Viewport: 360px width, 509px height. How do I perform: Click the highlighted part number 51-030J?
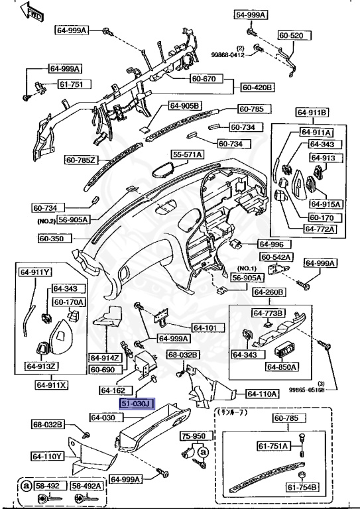point(137,403)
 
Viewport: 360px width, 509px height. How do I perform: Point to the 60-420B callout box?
point(258,87)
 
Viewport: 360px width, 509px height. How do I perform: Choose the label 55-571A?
point(188,154)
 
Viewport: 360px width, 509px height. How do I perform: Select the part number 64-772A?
point(320,229)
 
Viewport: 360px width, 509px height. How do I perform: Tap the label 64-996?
point(270,244)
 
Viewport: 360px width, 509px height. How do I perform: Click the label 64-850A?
point(282,367)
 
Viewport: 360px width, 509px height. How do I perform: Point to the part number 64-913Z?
point(42,366)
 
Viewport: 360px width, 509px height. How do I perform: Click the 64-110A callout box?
point(262,394)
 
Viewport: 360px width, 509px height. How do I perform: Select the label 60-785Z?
point(82,160)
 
